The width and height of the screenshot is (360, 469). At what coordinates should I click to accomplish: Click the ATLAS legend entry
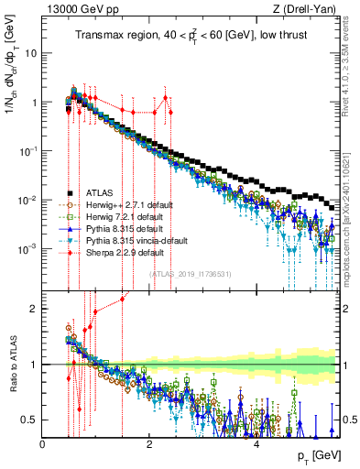(x=102, y=193)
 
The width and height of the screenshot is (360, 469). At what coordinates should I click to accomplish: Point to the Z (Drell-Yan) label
(x=308, y=9)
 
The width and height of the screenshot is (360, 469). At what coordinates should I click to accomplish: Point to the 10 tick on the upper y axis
(x=30, y=53)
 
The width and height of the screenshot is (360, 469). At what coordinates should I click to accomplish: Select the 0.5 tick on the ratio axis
(x=30, y=420)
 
